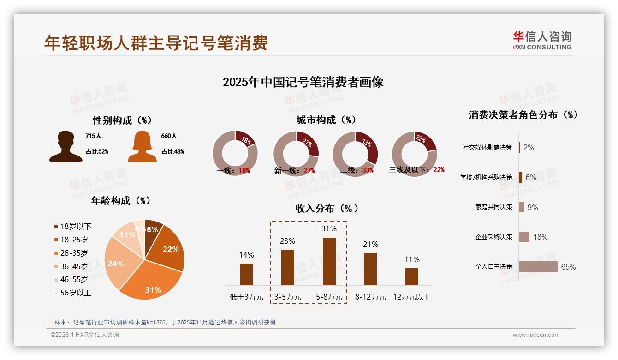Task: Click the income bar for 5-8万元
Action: pyautogui.click(x=329, y=261)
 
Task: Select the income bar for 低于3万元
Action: pyautogui.click(x=246, y=274)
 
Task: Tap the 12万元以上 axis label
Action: pyautogui.click(x=411, y=297)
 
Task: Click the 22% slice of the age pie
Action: pyautogui.click(x=169, y=249)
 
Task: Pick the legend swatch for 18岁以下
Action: pyautogui.click(x=56, y=227)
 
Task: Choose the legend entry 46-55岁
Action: pyautogui.click(x=74, y=280)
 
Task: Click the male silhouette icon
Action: pyautogui.click(x=65, y=147)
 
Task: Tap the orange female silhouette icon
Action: pyautogui.click(x=142, y=147)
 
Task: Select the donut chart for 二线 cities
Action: pyautogui.click(x=355, y=154)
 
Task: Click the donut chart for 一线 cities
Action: pyautogui.click(x=235, y=154)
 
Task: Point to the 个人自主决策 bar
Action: pyautogui.click(x=538, y=267)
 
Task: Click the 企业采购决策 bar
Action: pyautogui.click(x=524, y=237)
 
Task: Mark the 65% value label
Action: pyautogui.click(x=568, y=267)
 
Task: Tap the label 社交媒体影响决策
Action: pyautogui.click(x=487, y=148)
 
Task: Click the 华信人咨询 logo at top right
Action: pyautogui.click(x=542, y=41)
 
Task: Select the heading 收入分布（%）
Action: pyautogui.click(x=327, y=209)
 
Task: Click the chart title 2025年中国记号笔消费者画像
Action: pyautogui.click(x=303, y=83)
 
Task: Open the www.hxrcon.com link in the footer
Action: pyautogui.click(x=536, y=335)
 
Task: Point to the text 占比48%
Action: pyautogui.click(x=172, y=151)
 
